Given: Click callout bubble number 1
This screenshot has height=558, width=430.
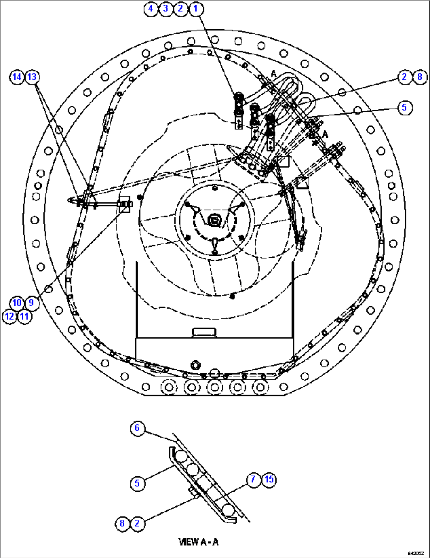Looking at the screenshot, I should (x=196, y=8).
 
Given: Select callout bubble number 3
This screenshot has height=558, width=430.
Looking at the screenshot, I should (x=166, y=8).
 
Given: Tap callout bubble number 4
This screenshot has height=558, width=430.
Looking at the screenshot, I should (x=151, y=8).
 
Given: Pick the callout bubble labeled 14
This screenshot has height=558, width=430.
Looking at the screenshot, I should (x=17, y=77).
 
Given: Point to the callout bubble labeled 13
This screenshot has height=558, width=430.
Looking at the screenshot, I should (x=32, y=77).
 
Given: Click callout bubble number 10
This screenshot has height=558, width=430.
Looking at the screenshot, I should (x=17, y=303).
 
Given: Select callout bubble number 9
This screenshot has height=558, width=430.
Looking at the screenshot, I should (x=32, y=303).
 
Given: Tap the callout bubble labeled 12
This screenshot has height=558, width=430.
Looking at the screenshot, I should (x=9, y=316).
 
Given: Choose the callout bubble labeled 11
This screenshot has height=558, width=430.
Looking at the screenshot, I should (x=24, y=316).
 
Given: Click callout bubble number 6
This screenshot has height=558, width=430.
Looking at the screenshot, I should (x=137, y=428).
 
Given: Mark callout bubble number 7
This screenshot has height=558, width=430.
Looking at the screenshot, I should (x=253, y=479).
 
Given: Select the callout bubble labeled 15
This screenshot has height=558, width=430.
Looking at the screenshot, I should (x=269, y=479).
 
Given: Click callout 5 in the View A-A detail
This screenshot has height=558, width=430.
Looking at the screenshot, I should (x=137, y=483).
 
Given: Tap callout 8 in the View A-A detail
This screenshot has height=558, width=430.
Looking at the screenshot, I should (x=122, y=524).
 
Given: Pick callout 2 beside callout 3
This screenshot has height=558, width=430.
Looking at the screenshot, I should (x=181, y=8).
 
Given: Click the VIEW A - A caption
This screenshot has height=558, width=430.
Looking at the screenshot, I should (x=198, y=542).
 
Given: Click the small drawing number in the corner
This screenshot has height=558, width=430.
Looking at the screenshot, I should (x=416, y=554).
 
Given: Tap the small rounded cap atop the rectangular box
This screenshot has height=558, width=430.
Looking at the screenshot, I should (x=204, y=332).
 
